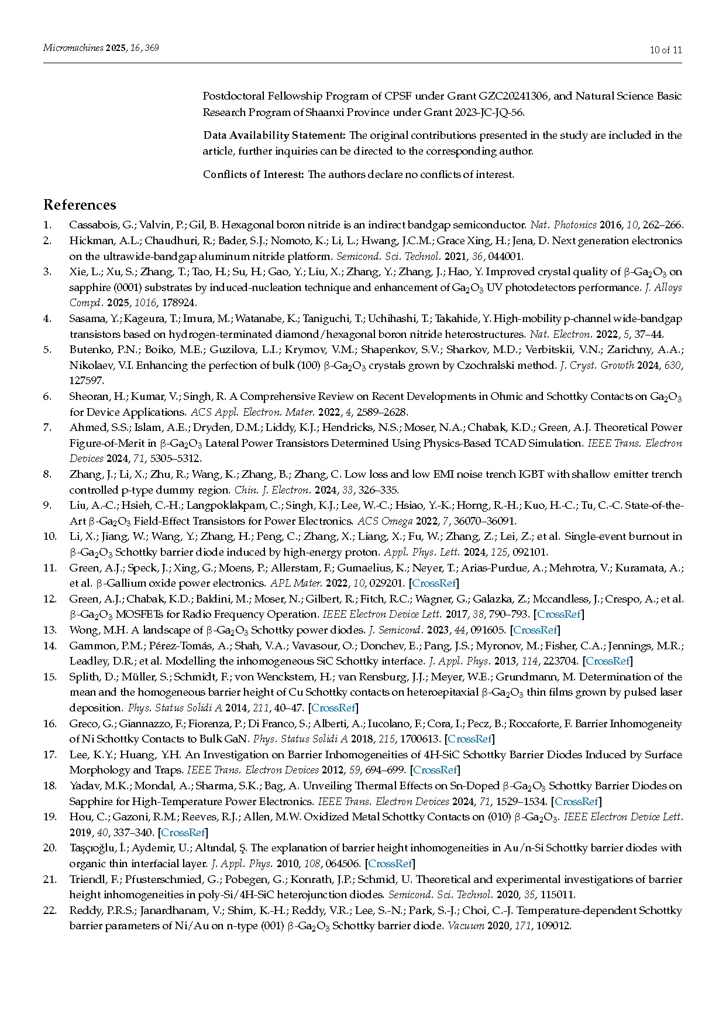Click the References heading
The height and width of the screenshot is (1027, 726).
(80, 205)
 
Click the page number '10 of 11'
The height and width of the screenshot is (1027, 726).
(666, 50)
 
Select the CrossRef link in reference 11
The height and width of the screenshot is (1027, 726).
(434, 583)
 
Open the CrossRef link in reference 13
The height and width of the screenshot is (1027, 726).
(535, 630)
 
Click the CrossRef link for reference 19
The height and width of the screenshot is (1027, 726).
(183, 832)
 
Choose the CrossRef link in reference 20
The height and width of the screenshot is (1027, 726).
(390, 863)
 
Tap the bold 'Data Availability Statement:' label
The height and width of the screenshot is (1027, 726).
(274, 135)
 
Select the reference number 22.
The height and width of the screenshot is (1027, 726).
(50, 910)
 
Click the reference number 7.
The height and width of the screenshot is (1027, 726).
(47, 427)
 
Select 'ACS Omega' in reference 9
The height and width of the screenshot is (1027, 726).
(385, 521)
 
